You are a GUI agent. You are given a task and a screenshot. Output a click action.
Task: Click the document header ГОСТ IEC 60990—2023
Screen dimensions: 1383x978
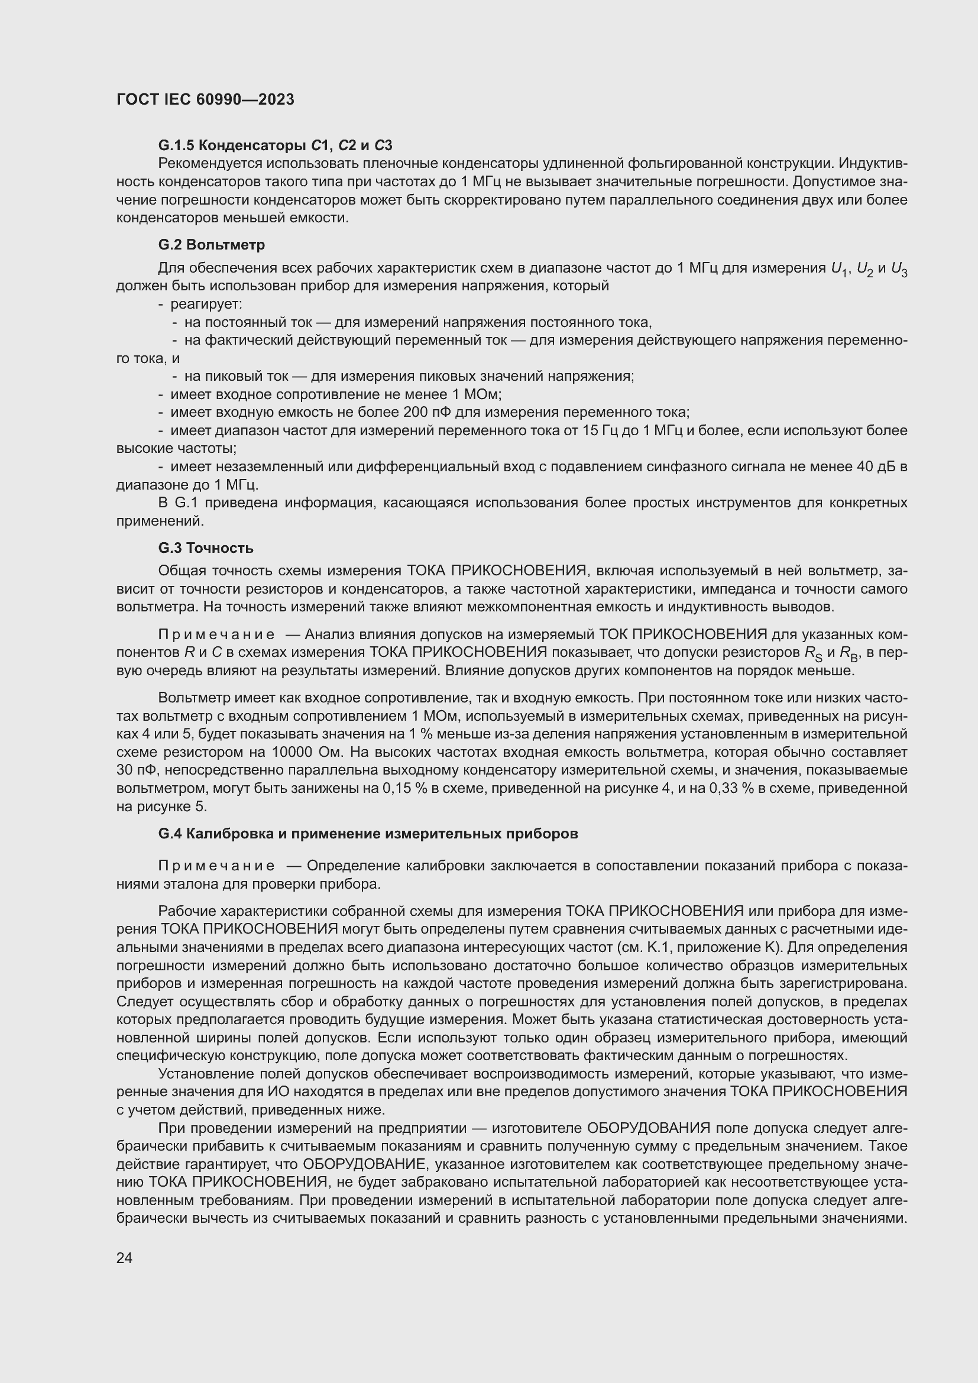pyautogui.click(x=205, y=100)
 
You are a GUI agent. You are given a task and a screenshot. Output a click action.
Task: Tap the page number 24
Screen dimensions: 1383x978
pyautogui.click(x=124, y=1258)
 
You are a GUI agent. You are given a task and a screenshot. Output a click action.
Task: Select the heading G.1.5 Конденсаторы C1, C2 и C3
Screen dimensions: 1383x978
pyautogui.click(x=275, y=145)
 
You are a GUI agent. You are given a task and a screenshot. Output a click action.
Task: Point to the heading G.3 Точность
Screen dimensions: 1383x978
pyautogui.click(x=205, y=548)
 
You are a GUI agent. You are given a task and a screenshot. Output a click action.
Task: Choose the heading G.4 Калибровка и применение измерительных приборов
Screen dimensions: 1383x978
pyautogui.click(x=367, y=834)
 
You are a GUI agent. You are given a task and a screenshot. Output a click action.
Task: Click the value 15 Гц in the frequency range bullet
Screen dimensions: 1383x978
pyautogui.click(x=600, y=430)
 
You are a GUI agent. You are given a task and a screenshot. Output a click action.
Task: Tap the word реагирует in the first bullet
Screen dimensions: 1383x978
pyautogui.click(x=206, y=304)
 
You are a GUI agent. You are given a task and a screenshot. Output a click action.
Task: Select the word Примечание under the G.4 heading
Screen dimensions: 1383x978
pyautogui.click(x=216, y=866)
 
